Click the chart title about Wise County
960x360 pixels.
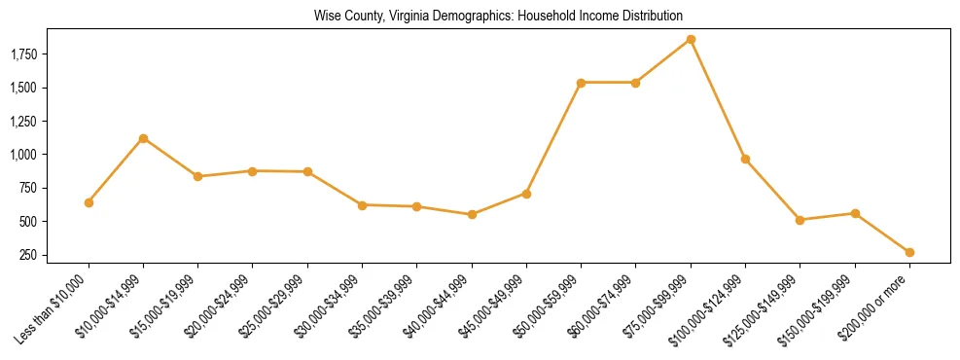point(498,17)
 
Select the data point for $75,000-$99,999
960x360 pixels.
point(691,40)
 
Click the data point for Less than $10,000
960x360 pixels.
point(89,202)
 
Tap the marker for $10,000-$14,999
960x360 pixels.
point(143,138)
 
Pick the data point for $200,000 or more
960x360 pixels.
point(909,252)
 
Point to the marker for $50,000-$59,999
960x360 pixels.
point(581,83)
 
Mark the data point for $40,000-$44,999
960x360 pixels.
point(472,214)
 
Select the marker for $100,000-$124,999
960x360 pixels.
point(745,159)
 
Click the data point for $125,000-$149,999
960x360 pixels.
point(800,220)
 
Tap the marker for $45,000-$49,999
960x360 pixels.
point(526,194)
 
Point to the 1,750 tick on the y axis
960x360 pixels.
point(23,54)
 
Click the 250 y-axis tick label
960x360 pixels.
point(29,255)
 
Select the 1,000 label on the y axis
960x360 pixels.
point(23,155)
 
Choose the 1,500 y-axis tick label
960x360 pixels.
point(23,88)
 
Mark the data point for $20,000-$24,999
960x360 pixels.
point(253,171)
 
